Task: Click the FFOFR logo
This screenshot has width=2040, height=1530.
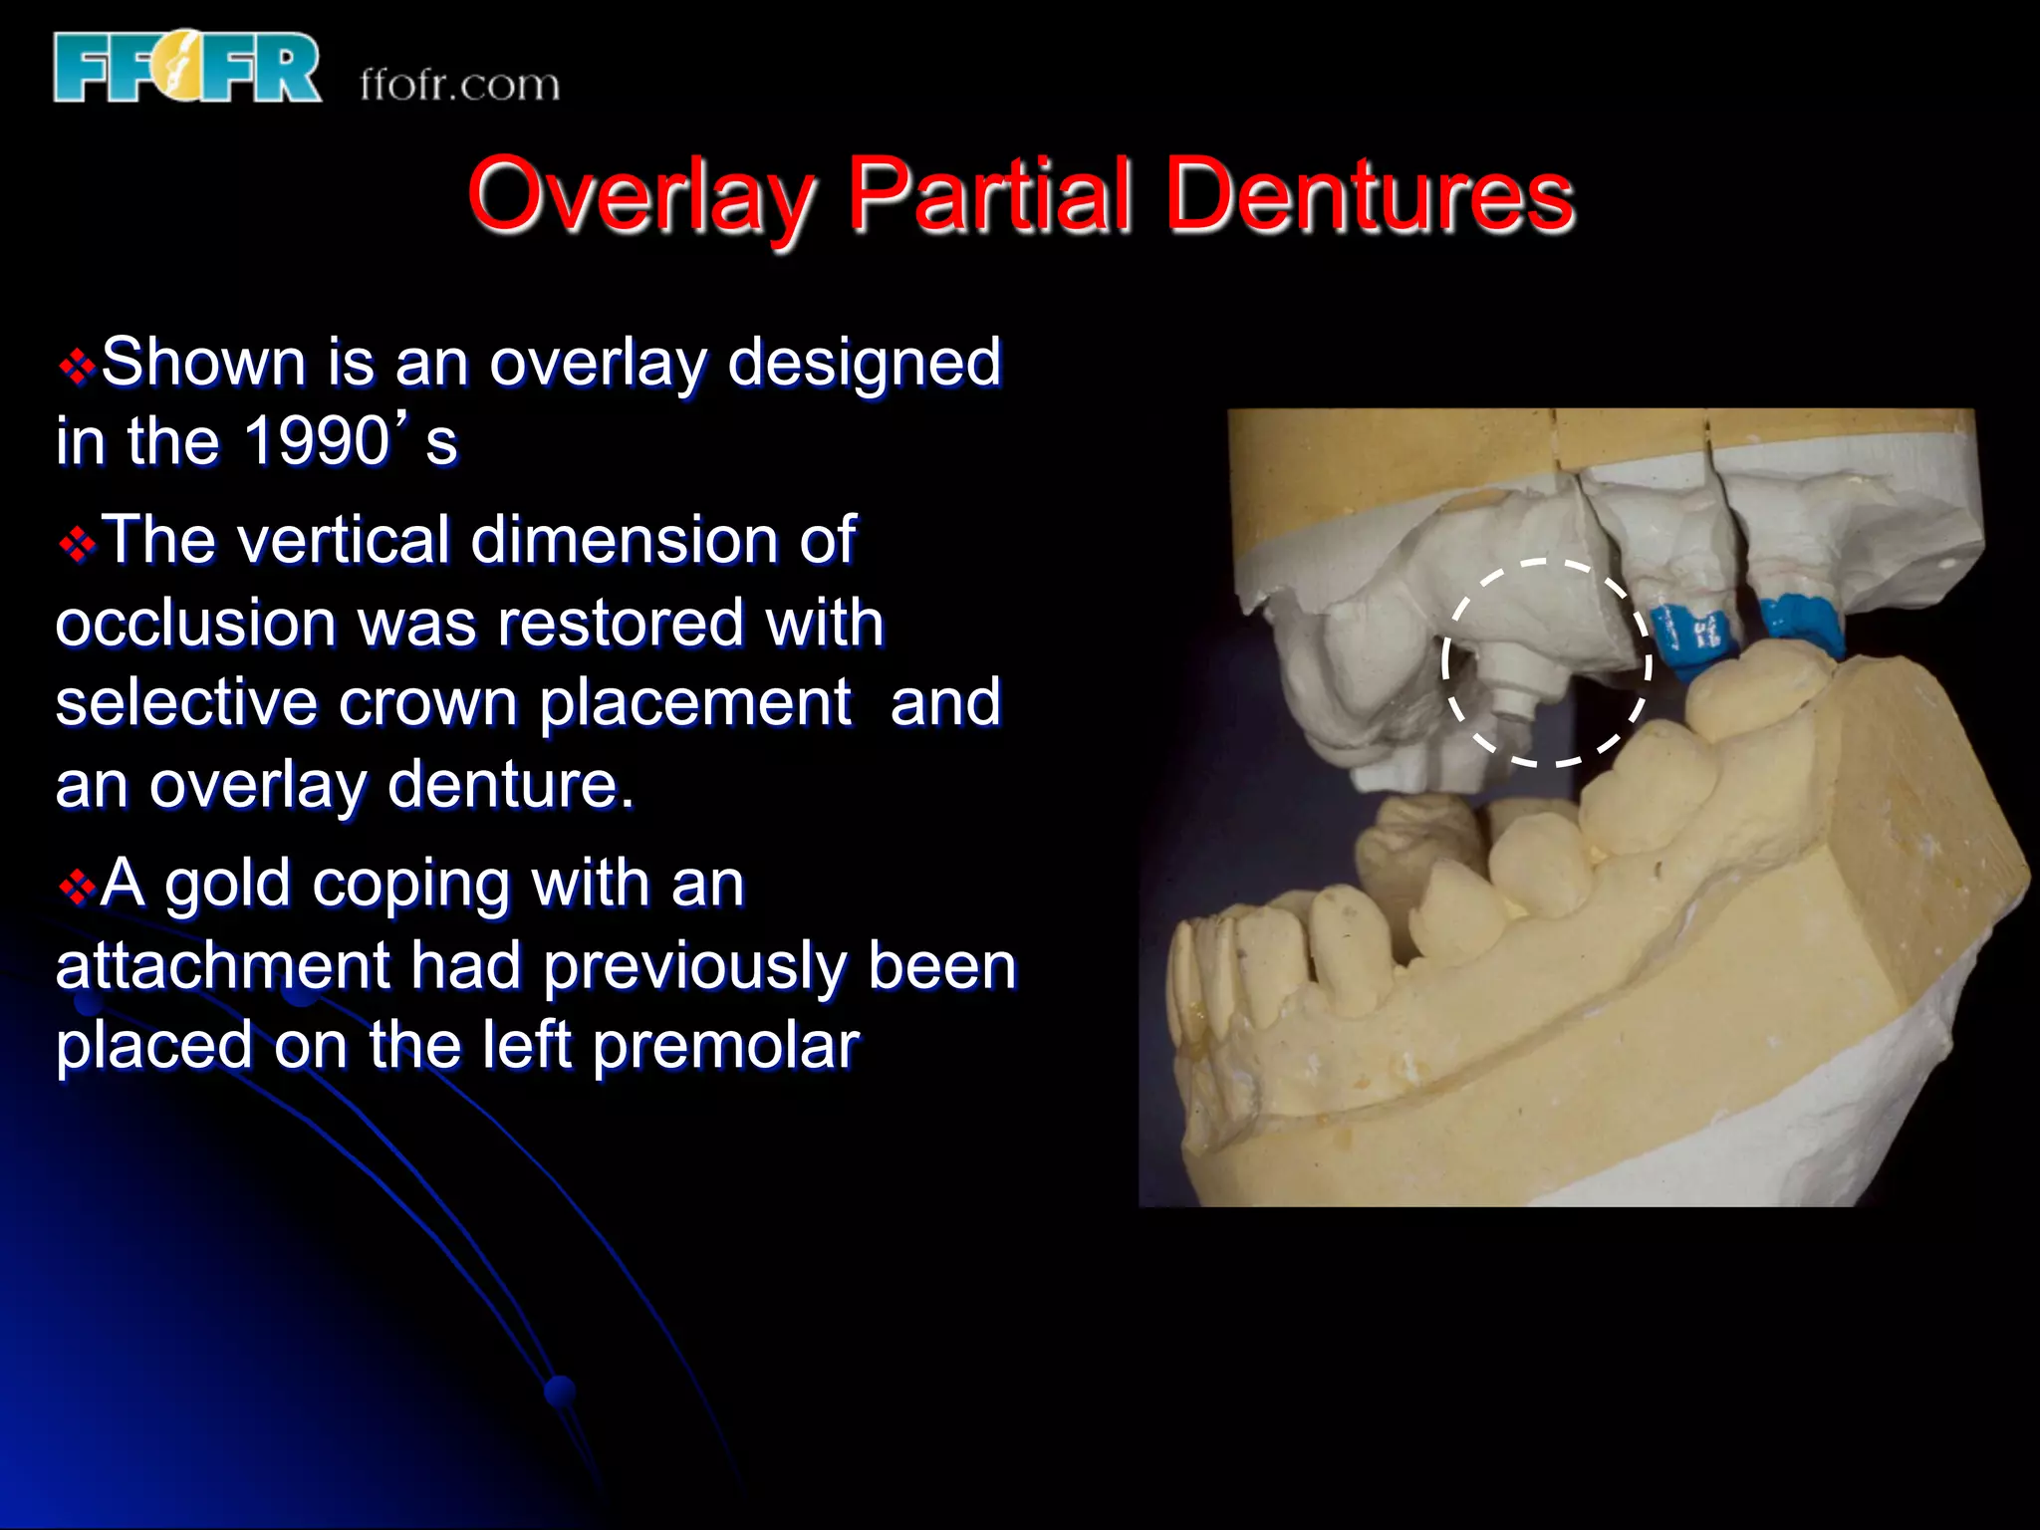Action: [187, 68]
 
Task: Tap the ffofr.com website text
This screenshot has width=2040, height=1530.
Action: [459, 86]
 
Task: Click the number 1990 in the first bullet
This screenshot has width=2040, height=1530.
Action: [317, 440]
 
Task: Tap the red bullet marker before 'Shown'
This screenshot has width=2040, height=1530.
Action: [77, 367]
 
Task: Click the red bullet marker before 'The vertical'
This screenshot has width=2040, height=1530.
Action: [77, 545]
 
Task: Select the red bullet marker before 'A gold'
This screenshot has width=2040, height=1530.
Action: [77, 887]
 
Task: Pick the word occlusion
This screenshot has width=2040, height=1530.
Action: [196, 624]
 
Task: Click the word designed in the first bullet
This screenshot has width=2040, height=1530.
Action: [864, 363]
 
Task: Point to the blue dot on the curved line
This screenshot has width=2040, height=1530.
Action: [561, 1389]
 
